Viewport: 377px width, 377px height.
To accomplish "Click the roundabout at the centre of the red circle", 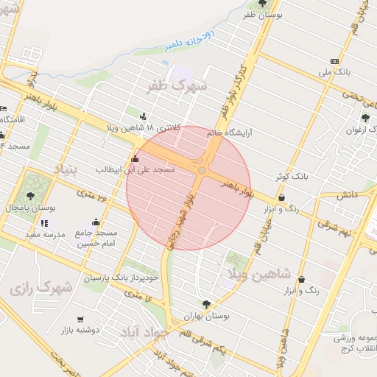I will pos(202,170).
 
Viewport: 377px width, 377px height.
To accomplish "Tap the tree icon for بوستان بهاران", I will pos(205,303).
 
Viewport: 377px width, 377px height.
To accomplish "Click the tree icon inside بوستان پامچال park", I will pos(30,196).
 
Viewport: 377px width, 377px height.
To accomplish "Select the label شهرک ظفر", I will pos(179,85).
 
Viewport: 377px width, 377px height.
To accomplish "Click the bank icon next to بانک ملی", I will pos(335,61).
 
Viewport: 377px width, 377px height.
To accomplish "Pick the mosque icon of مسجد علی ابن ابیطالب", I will pos(134,158).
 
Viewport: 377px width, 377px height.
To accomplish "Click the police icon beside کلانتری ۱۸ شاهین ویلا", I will pos(142,116).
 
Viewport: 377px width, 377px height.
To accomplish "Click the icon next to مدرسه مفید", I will pos(45,223).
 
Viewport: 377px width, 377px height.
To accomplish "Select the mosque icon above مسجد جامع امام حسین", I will pos(96,222).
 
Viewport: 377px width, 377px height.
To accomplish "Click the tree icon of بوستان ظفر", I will pos(263,4).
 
